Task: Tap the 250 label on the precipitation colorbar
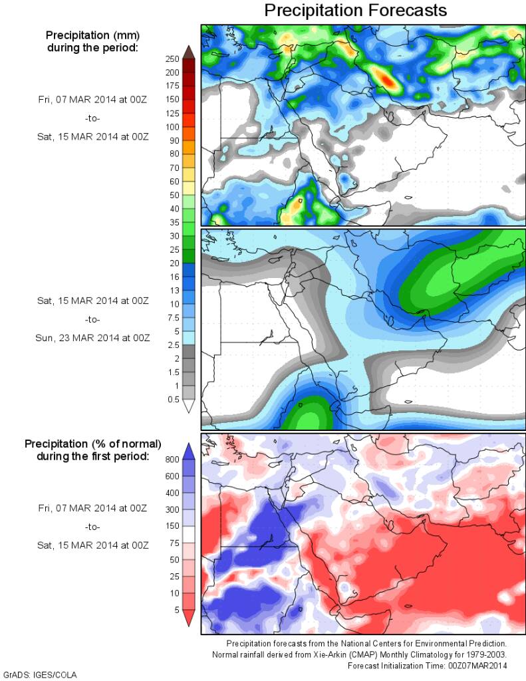coord(172,59)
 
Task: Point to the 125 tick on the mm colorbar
coord(172,113)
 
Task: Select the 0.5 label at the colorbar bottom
coord(172,399)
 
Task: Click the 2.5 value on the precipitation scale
coord(172,344)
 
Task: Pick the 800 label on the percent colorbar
coord(172,458)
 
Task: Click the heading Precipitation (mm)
coord(92,35)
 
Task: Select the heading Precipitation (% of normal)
coord(92,443)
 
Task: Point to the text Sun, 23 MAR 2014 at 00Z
coord(92,337)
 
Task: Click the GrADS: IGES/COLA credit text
coord(41,674)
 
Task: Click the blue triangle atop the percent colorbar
coord(188,450)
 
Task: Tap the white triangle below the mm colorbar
coord(188,406)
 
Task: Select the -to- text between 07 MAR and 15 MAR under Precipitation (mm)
coord(92,118)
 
